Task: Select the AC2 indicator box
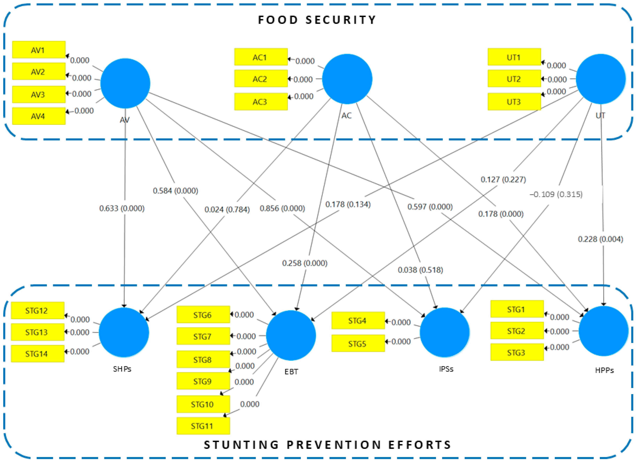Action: pos(261,79)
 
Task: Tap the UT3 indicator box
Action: pos(514,102)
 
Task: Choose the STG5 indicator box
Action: pos(358,343)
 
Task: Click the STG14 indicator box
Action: pos(37,354)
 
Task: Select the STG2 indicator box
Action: pos(517,331)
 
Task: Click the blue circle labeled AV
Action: pos(125,83)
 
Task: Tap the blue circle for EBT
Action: pos(291,335)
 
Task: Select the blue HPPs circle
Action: pos(603,331)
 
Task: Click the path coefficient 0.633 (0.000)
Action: pos(122,208)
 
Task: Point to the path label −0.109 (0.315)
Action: pos(556,194)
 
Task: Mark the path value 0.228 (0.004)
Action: pos(600,239)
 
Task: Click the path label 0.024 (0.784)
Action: pos(227,209)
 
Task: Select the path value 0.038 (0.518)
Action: pos(420,270)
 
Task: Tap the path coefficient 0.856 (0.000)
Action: pos(282,208)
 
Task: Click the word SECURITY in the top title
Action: pos(341,20)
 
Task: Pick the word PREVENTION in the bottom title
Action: pos(334,445)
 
